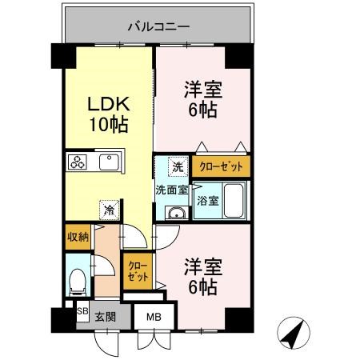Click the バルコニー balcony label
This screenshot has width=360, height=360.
coord(158,26)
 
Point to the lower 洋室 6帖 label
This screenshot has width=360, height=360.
coord(201,277)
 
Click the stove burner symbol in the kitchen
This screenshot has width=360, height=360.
coord(78,162)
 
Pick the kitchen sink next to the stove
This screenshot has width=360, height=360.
coord(108,162)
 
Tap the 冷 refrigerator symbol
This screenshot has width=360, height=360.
coord(109,210)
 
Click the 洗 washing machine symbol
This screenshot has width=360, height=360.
coord(176,166)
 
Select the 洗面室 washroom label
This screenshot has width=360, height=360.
coord(171,190)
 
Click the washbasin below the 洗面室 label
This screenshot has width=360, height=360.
coord(176,212)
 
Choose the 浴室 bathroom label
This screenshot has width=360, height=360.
coord(208,201)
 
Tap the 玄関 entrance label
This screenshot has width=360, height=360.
coord(105,316)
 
